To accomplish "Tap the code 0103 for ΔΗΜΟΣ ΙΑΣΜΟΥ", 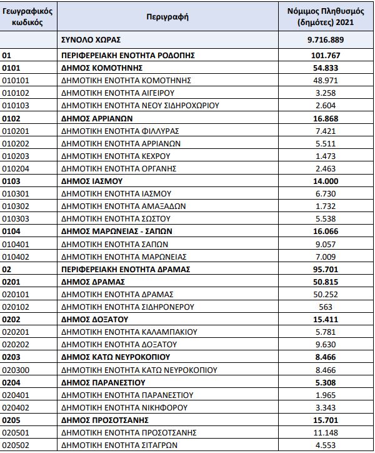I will [12, 181].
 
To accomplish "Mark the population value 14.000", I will [324, 181].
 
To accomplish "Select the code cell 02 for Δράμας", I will [7, 269].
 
